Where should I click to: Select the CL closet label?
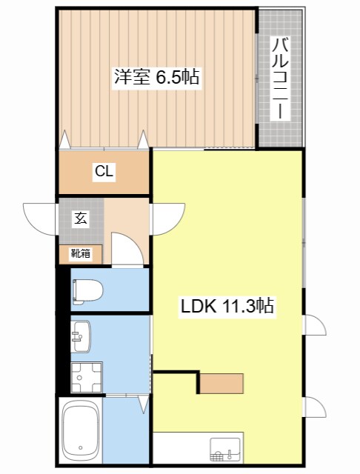(x=104, y=172)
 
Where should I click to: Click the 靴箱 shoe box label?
(x=80, y=253)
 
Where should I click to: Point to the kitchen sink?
(x=226, y=449)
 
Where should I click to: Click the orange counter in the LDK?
(x=221, y=383)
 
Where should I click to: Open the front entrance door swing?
(x=41, y=216)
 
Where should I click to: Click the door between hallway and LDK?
(x=167, y=218)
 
